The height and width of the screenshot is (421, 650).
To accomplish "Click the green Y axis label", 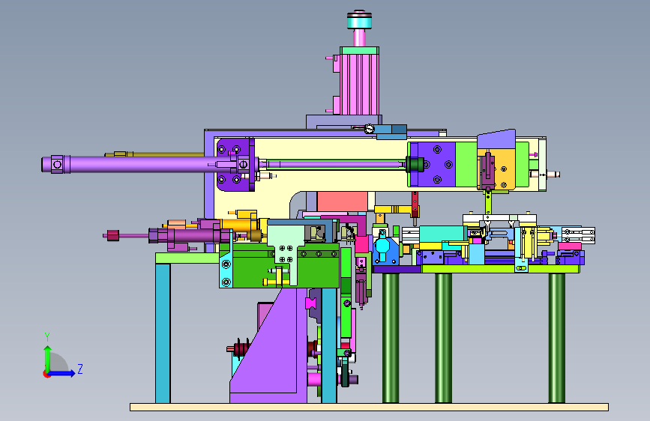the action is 47,337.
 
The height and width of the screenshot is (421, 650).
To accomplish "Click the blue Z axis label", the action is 80,369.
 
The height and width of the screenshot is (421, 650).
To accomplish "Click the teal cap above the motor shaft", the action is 359,20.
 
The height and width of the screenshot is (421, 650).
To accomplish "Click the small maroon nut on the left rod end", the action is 113,235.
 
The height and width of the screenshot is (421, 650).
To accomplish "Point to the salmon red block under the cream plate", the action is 343,202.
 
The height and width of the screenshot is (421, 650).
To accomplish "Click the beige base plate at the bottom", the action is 369,407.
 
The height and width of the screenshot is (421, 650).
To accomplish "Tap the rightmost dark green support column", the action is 556,338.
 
